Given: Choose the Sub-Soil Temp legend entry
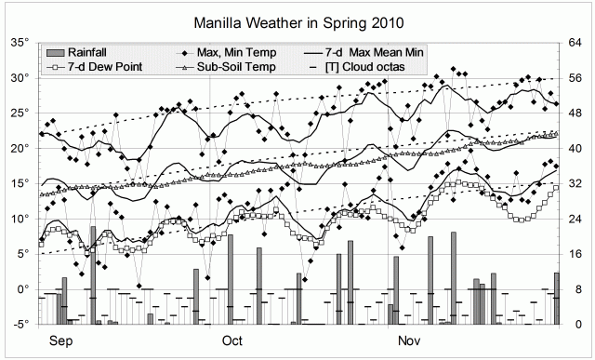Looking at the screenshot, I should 234,68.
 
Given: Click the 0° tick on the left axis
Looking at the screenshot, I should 24,289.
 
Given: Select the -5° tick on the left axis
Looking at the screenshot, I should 22,325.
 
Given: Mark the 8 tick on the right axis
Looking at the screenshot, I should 572,289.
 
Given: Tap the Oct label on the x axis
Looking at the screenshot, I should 231,341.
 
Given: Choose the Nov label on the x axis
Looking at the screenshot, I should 409,341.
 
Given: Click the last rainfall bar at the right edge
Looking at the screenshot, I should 556,298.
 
